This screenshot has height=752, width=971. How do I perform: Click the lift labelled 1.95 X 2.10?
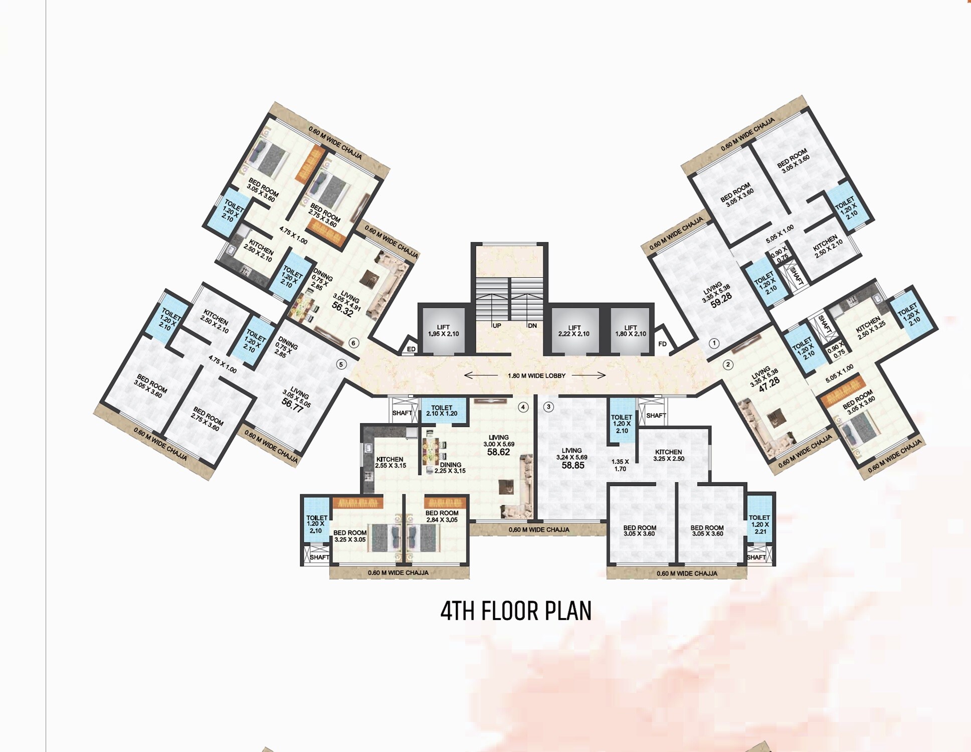coord(443,330)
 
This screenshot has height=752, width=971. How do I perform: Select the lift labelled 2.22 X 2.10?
coord(574,330)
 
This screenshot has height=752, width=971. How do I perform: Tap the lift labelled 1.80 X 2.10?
coord(631,330)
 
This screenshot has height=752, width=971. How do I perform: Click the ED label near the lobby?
coord(411,349)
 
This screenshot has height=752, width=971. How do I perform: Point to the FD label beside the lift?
coord(662,344)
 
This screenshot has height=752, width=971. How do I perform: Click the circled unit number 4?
coord(523,407)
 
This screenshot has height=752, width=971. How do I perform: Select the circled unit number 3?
coord(548,407)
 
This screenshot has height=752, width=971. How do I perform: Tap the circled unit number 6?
coord(353,343)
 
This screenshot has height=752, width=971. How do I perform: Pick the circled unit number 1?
coord(714,343)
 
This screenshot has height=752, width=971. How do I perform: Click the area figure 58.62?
coord(498,452)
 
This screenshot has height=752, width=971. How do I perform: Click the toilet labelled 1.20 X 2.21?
coord(759,524)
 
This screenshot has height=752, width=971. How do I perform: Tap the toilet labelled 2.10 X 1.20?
coord(442,411)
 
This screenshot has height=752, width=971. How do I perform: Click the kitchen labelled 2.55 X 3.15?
coord(390,462)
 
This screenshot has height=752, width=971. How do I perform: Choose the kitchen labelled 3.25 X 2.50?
coord(668,455)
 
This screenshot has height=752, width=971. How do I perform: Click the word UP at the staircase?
coord(496,326)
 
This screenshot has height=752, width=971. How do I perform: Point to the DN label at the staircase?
coord(532,326)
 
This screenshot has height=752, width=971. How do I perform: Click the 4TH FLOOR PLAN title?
coord(516,611)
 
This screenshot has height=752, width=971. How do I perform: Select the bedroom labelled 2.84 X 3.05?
coord(442,516)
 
